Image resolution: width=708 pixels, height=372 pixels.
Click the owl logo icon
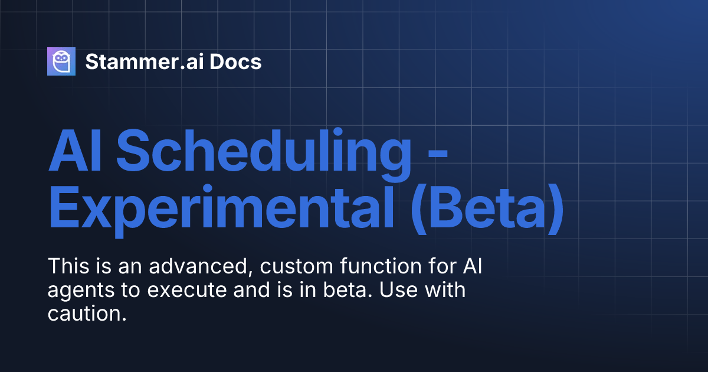(x=61, y=61)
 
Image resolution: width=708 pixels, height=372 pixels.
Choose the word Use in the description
(x=406, y=291)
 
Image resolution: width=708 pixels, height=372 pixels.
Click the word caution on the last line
(x=87, y=315)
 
